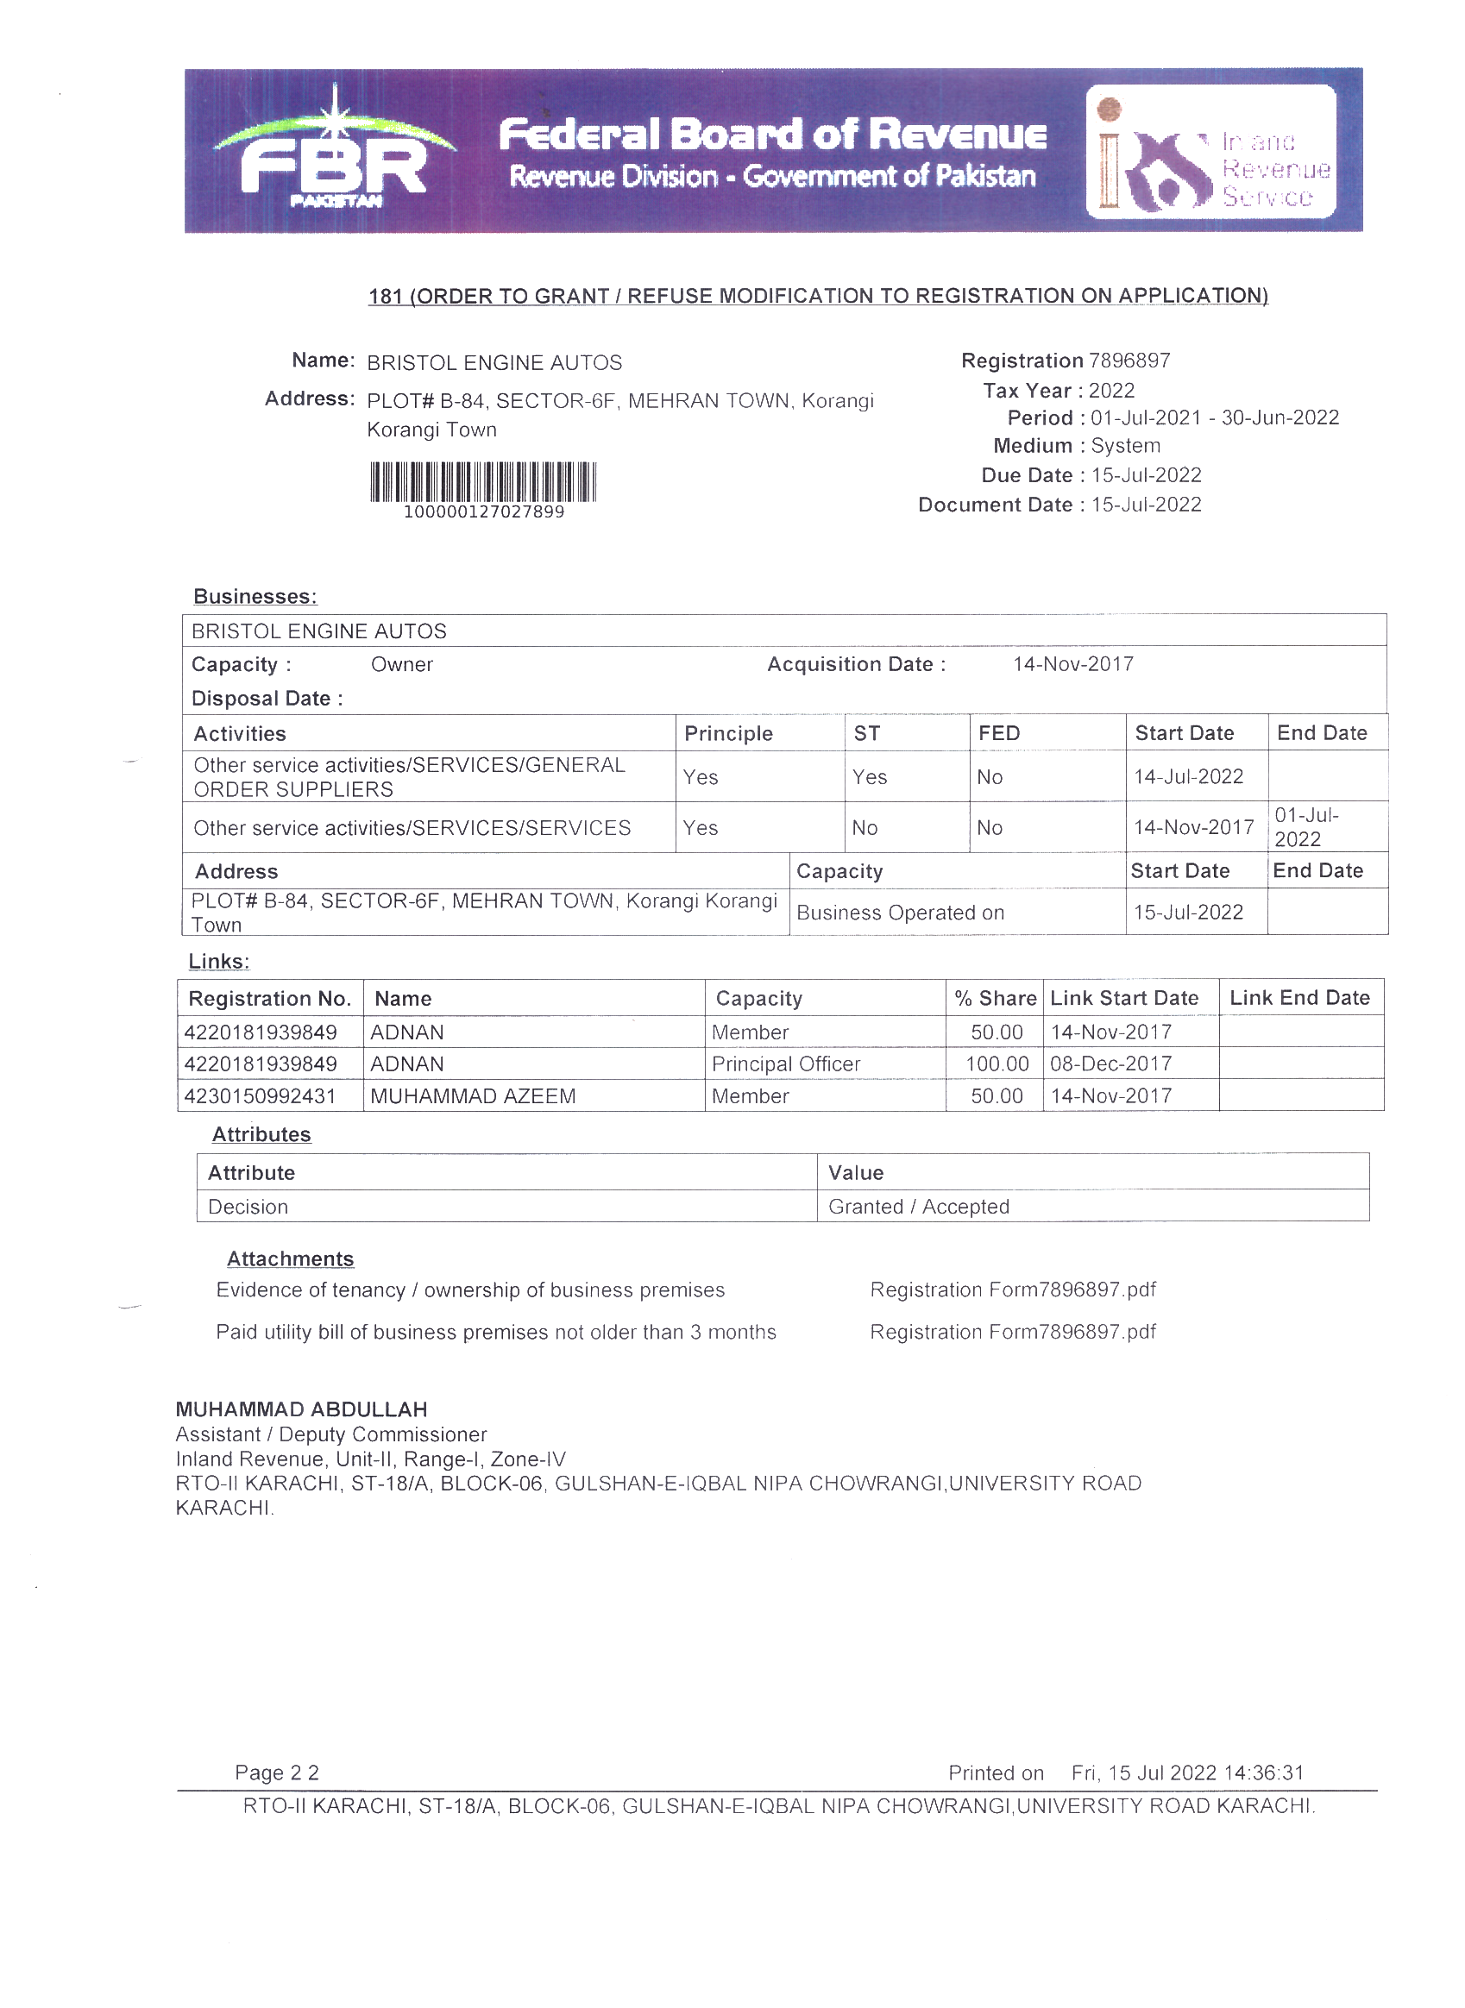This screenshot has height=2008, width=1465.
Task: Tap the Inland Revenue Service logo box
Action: coord(1211,152)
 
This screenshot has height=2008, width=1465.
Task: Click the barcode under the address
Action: coord(483,482)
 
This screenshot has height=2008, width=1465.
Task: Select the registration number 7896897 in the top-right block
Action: coord(1129,361)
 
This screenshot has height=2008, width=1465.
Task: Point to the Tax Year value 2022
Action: coord(1111,391)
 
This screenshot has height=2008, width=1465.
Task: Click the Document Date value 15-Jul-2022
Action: coord(1146,505)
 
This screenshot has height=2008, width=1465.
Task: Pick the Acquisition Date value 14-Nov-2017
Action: coord(1073,664)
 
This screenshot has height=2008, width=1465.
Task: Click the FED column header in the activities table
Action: coord(999,733)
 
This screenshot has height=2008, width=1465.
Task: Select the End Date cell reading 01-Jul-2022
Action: coord(1306,827)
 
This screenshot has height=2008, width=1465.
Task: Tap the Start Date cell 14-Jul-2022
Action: coord(1188,776)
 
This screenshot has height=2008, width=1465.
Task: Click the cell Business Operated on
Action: coord(900,913)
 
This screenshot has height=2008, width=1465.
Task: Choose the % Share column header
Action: coord(995,998)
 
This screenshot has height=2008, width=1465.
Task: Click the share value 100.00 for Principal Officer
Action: coord(997,1064)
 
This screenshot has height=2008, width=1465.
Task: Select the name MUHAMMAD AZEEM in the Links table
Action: coord(473,1095)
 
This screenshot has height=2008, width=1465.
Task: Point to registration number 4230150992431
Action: coord(260,1095)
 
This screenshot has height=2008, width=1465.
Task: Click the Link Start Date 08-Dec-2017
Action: coord(1111,1064)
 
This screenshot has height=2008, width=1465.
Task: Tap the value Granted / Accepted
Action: coord(919,1207)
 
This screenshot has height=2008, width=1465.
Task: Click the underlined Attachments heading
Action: coord(290,1258)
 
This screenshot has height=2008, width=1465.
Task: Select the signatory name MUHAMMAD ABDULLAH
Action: coord(301,1409)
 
